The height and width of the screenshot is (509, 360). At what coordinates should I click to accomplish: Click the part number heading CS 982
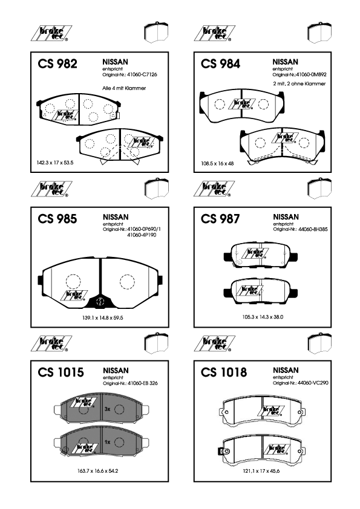pyautogui.click(x=57, y=63)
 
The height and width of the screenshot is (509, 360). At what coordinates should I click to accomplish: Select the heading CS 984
pyautogui.click(x=221, y=63)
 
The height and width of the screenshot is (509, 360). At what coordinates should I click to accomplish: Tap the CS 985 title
pyautogui.click(x=57, y=219)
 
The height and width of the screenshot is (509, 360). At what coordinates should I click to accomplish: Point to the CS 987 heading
pyautogui.click(x=220, y=219)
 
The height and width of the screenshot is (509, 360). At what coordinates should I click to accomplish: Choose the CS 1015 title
pyautogui.click(x=61, y=372)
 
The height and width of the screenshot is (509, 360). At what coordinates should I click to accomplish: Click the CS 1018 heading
pyautogui.click(x=224, y=372)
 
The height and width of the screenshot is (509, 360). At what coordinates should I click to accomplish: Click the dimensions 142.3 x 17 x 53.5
pyautogui.click(x=55, y=163)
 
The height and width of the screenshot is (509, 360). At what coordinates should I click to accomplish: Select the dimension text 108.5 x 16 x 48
pyautogui.click(x=217, y=163)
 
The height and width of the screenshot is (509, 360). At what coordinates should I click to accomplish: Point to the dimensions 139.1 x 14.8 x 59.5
pyautogui.click(x=102, y=318)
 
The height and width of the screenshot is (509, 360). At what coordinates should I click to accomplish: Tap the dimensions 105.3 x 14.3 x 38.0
pyautogui.click(x=263, y=317)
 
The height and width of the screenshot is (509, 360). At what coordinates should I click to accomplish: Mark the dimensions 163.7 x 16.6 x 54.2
pyautogui.click(x=97, y=471)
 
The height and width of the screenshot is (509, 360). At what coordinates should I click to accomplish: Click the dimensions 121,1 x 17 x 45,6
pyautogui.click(x=261, y=471)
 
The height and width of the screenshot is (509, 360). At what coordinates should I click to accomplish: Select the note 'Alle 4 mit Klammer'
pyautogui.click(x=124, y=88)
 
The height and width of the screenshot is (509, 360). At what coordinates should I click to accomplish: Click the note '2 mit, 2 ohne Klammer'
pyautogui.click(x=299, y=83)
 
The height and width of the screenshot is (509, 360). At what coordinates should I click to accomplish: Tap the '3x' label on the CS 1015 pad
pyautogui.click(x=108, y=409)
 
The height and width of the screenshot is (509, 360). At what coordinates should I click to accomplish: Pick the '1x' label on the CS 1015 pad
pyautogui.click(x=108, y=442)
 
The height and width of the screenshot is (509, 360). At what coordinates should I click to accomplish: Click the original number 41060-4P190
pyautogui.click(x=142, y=235)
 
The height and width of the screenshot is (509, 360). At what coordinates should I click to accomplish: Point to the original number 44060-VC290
pyautogui.click(x=313, y=383)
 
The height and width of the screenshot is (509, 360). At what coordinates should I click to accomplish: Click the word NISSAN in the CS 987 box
pyautogui.click(x=286, y=217)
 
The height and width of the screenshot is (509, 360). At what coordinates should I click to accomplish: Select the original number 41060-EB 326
pyautogui.click(x=143, y=383)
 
